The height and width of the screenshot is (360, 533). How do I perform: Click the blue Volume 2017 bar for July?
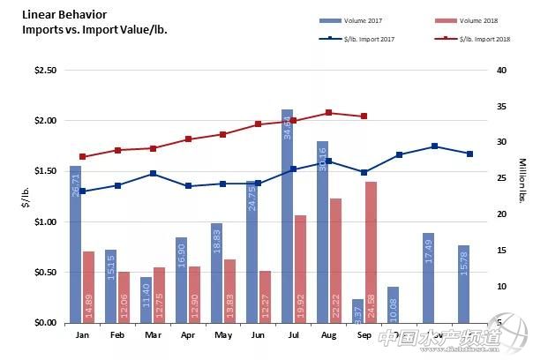(x=287, y=221)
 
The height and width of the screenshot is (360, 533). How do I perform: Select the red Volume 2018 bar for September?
(x=372, y=251)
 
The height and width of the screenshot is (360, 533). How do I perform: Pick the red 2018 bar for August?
(x=335, y=260)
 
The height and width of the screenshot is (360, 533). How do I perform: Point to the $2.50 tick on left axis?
(x=44, y=71)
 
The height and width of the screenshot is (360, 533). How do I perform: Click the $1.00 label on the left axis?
(x=44, y=222)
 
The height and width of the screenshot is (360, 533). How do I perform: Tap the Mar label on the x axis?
(x=154, y=335)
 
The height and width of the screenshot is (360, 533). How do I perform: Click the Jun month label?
(x=259, y=335)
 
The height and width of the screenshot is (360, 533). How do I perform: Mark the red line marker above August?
(x=328, y=113)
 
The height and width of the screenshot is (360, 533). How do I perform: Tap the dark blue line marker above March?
(x=154, y=174)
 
